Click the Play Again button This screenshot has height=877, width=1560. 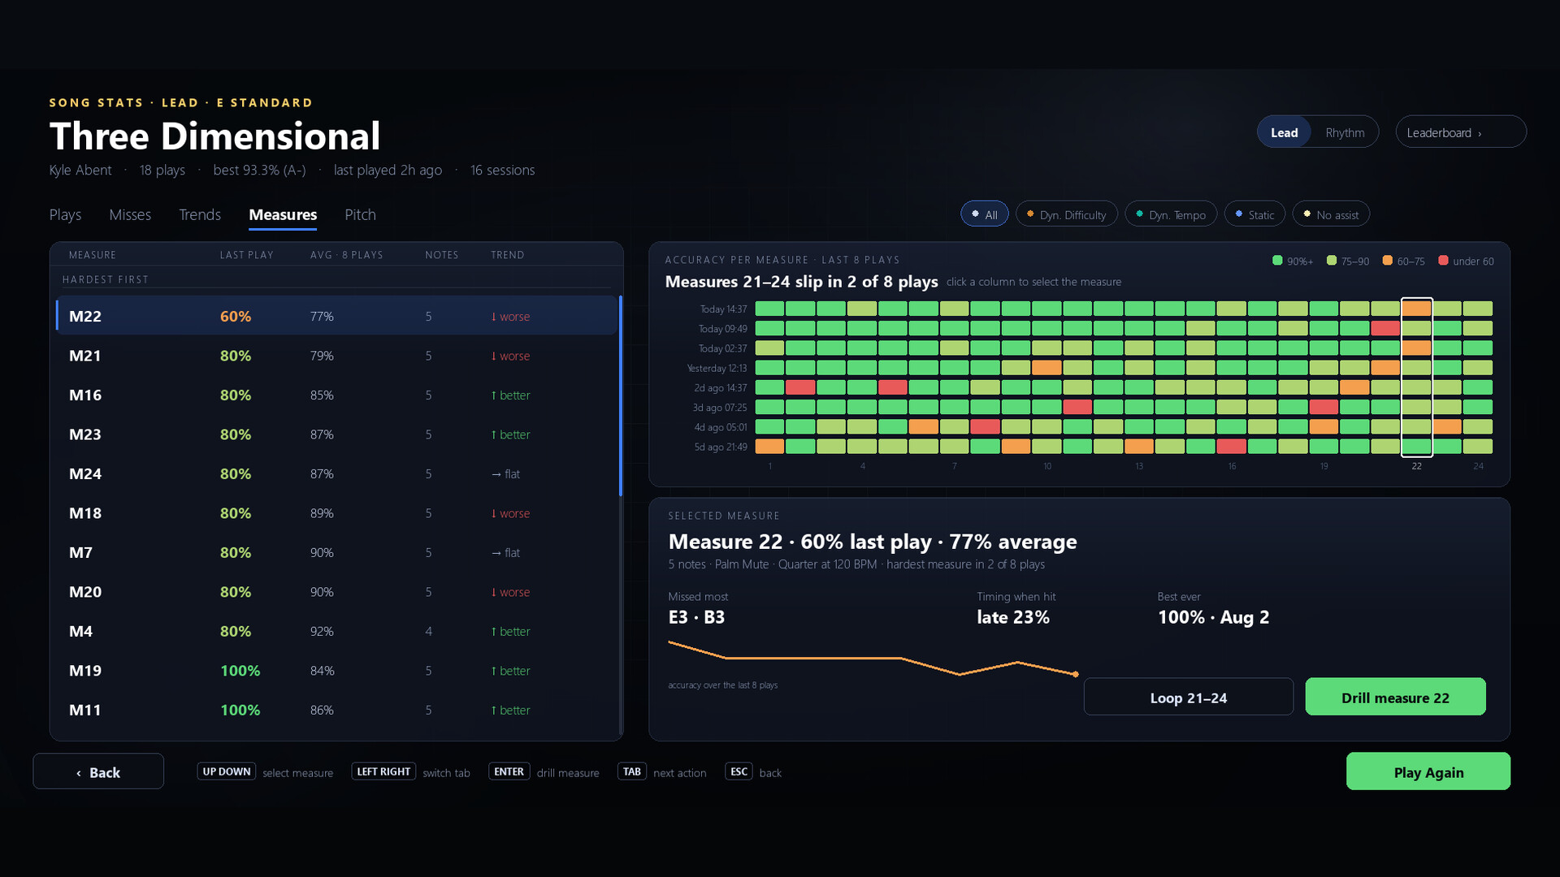click(1428, 771)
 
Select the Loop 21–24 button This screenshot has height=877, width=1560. click(1188, 697)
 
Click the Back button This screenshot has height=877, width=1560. click(98, 771)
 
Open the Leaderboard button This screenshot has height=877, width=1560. click(1460, 132)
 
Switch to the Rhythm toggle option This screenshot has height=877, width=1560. click(1345, 132)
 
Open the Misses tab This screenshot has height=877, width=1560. click(130, 214)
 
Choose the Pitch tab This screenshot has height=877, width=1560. click(360, 214)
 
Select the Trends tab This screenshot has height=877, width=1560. click(200, 214)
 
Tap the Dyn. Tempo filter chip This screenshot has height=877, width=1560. click(1171, 214)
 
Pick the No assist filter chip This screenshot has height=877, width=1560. click(1331, 214)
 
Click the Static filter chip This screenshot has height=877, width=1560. click(1254, 214)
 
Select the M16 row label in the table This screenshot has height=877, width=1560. click(85, 395)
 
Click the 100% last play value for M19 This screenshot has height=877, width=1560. click(240, 671)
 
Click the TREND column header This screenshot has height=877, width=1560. click(507, 255)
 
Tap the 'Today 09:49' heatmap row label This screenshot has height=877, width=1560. click(722, 329)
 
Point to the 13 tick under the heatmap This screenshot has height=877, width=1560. click(1139, 466)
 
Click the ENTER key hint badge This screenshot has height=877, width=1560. click(509, 771)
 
